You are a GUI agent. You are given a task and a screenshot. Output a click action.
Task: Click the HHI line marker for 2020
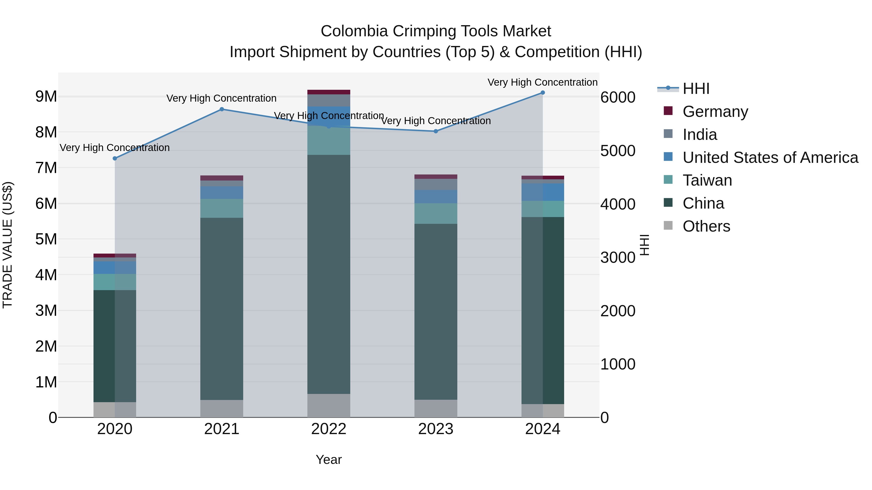[x=115, y=158]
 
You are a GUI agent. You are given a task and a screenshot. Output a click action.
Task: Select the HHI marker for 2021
[x=222, y=109]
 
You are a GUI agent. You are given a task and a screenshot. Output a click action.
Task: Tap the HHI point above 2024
[x=543, y=93]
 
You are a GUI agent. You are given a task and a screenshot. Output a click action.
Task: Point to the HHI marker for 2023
[x=436, y=131]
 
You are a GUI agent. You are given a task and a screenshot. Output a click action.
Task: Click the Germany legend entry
[x=715, y=112]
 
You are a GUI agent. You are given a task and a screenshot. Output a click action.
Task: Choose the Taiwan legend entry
[x=707, y=180]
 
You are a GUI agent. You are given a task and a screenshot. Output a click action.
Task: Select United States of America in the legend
[x=770, y=158]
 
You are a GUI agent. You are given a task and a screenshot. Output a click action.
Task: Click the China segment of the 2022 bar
[x=329, y=274]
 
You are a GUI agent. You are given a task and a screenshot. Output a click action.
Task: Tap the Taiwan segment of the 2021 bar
[x=222, y=208]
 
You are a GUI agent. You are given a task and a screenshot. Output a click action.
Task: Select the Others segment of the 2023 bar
[x=436, y=408]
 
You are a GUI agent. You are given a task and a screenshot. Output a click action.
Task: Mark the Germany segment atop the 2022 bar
[x=329, y=92]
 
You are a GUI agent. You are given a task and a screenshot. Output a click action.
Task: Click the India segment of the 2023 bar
[x=436, y=184]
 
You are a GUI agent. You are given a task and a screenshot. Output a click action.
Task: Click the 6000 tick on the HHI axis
[x=618, y=97]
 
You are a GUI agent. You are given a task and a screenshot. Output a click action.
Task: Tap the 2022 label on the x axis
[x=329, y=429]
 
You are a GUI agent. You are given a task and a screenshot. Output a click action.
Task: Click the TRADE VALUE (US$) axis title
[x=8, y=245]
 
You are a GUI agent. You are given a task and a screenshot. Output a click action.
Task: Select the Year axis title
[x=329, y=460]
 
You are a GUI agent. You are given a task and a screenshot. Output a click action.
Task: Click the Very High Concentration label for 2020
[x=115, y=148]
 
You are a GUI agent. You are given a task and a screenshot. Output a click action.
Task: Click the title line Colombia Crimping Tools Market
[x=436, y=31]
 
